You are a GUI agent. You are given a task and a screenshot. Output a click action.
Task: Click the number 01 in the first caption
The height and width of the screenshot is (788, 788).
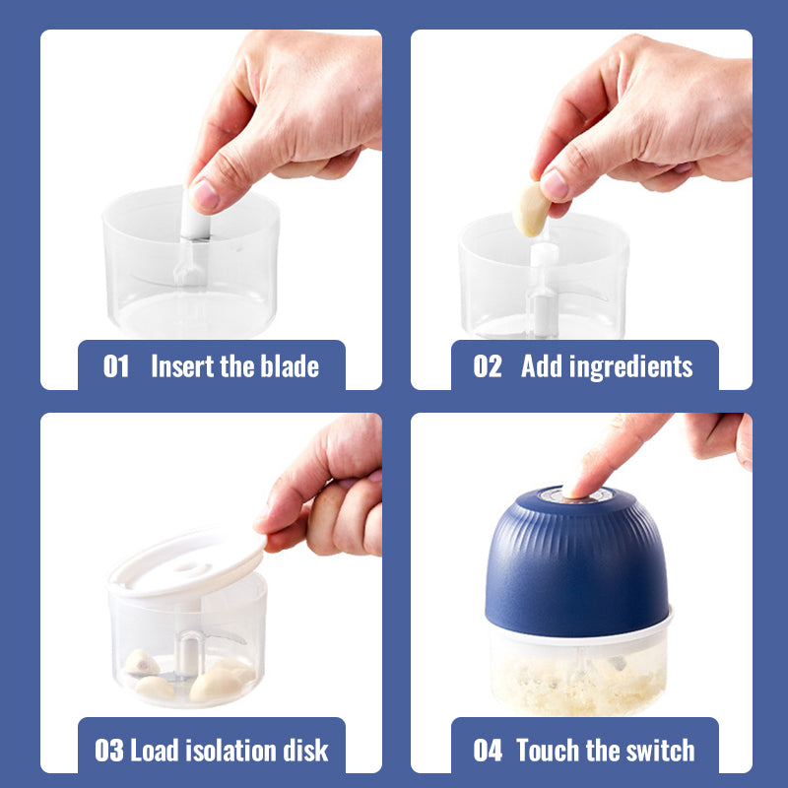[x=116, y=365]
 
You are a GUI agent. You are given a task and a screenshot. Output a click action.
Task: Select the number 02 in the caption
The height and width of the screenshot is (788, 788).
[x=488, y=365]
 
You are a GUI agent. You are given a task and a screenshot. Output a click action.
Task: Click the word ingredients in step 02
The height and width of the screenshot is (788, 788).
[x=631, y=367]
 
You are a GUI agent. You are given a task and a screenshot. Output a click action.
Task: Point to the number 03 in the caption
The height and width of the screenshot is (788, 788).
[x=109, y=751]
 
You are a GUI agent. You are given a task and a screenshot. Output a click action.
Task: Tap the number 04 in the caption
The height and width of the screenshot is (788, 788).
[x=488, y=751]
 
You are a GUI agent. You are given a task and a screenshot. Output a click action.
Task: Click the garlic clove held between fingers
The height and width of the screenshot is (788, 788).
[x=531, y=209]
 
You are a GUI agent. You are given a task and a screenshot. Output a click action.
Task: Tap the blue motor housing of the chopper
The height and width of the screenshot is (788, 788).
[x=578, y=562]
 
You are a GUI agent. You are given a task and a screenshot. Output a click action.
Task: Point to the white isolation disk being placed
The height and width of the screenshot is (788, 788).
[x=187, y=562]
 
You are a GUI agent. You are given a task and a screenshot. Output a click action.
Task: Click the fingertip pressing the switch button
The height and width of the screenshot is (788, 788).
[x=578, y=489]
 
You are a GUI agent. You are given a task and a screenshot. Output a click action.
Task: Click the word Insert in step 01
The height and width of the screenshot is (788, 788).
[x=182, y=365]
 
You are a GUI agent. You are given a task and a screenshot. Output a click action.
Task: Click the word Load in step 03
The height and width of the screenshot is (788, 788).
[x=155, y=750]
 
